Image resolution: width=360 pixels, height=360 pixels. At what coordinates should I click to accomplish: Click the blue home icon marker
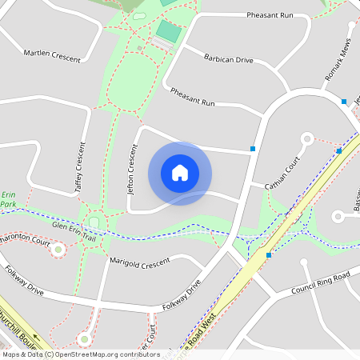point(180,173)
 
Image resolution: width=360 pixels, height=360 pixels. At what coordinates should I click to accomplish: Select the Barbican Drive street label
point(228,59)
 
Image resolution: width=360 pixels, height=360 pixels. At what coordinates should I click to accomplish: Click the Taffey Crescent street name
point(79,167)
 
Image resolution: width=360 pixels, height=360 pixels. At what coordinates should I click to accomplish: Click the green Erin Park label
point(8,199)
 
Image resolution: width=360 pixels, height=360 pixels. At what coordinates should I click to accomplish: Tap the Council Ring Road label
point(321,282)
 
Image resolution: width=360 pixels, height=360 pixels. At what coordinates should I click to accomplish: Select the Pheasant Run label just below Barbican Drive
point(193,98)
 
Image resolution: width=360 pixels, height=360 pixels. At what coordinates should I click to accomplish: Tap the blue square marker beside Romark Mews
point(344,102)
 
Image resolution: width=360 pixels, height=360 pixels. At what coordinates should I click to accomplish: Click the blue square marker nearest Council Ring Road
point(269,254)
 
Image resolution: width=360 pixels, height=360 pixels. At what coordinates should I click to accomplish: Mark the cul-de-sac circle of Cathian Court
point(306,139)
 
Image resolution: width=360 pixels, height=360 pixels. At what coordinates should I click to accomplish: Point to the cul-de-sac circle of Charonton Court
point(57,250)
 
